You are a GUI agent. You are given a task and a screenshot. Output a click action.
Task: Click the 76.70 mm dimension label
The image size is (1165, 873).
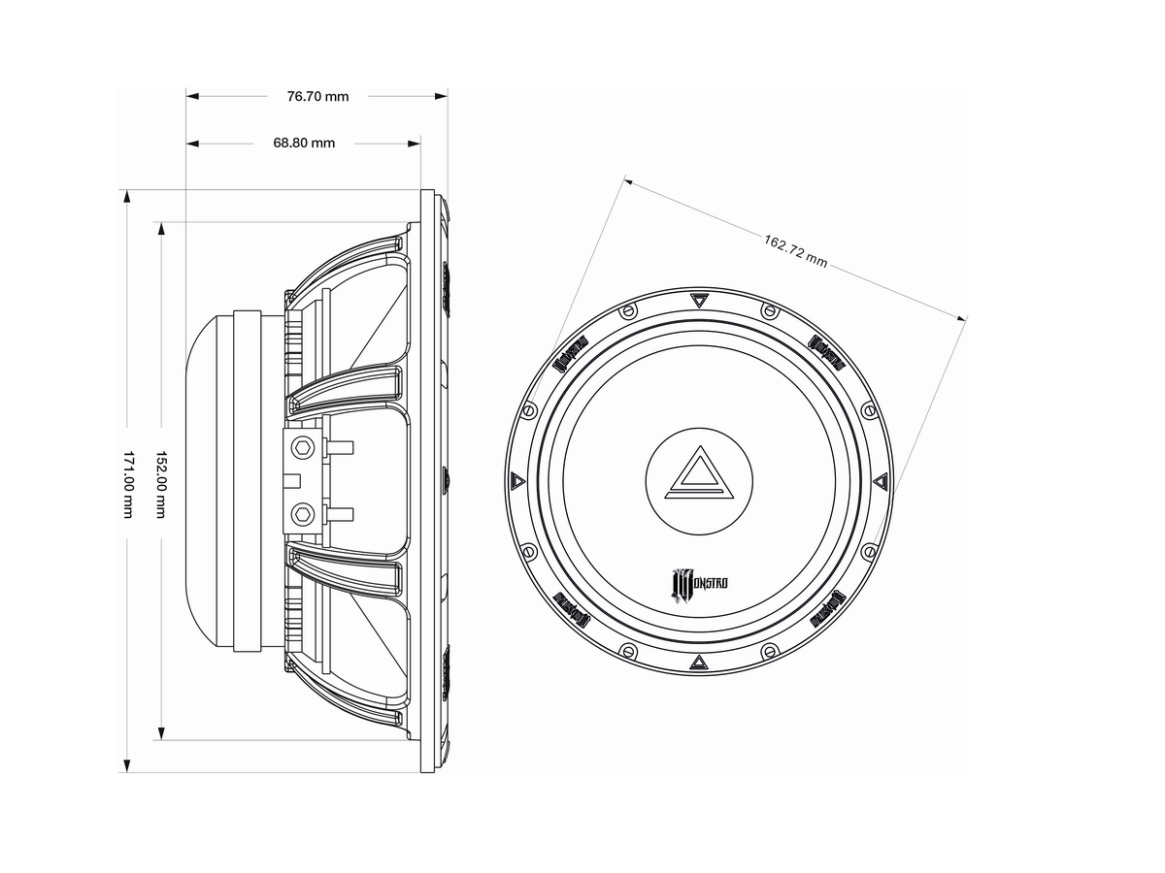coord(317,96)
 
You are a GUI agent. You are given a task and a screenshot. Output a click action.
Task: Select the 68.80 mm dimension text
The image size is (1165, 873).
coord(304,143)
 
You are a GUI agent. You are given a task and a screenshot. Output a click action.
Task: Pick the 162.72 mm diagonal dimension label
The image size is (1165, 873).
coord(796,250)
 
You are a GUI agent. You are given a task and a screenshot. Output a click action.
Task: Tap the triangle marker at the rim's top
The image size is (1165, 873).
coord(699,299)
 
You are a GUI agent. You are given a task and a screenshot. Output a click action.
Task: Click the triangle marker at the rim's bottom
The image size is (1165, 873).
coord(699,663)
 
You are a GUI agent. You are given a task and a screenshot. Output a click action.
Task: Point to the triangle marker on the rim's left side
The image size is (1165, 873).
coord(516,480)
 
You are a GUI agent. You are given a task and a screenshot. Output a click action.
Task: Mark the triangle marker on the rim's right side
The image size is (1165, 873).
coord(881,480)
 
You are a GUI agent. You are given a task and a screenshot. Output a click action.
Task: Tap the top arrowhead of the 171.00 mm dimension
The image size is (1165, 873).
coord(126,197)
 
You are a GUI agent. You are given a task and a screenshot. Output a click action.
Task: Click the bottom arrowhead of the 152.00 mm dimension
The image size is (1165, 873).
coord(160,733)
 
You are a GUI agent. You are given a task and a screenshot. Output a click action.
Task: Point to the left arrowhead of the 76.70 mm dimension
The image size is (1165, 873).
coord(192,96)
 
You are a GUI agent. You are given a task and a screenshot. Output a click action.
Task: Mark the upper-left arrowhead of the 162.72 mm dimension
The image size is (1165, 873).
coord(629,180)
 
